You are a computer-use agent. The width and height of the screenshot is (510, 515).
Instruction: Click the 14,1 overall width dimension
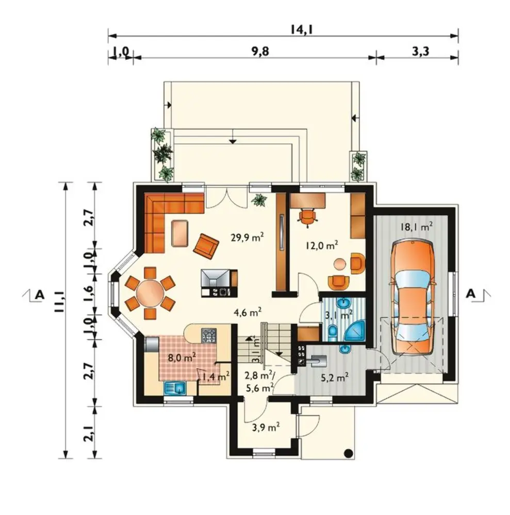pyautogui.click(x=301, y=29)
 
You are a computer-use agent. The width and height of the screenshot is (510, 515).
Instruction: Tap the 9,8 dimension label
pyautogui.click(x=260, y=51)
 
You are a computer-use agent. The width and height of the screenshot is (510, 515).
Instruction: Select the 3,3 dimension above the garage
pyautogui.click(x=421, y=51)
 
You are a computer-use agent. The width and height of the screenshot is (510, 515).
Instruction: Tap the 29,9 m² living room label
pyautogui.click(x=248, y=237)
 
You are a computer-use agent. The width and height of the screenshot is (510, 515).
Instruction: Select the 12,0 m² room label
pyautogui.click(x=322, y=245)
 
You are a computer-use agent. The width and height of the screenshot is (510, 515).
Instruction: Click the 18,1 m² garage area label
pyautogui.click(x=416, y=227)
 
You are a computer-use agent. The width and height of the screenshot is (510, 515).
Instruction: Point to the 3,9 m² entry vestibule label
pyautogui.click(x=266, y=427)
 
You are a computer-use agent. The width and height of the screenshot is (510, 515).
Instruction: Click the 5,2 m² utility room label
pyautogui.click(x=334, y=378)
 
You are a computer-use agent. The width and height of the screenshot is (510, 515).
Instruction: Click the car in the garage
pyautogui.click(x=413, y=298)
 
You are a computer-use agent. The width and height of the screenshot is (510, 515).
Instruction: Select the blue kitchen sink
pyautogui.click(x=175, y=388)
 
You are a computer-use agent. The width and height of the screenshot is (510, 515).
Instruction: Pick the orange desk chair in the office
pyautogui.click(x=307, y=217)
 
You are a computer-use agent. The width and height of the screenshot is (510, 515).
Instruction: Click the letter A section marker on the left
pyautogui.click(x=40, y=294)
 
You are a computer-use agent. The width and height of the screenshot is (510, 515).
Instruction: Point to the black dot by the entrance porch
pyautogui.click(x=348, y=454)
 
